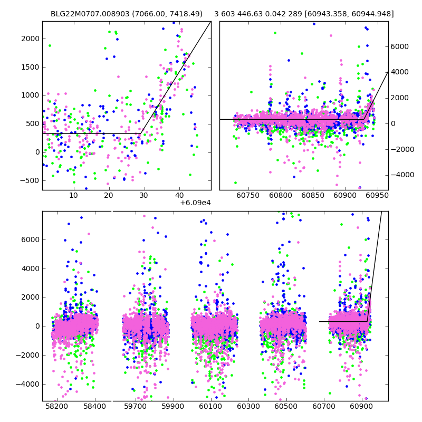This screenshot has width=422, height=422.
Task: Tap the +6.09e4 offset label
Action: click(x=195, y=203)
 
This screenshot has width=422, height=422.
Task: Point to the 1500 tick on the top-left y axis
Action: click(x=31, y=67)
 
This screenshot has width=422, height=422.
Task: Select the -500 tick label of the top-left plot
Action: click(x=30, y=180)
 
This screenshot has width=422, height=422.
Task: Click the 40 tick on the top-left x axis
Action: click(x=179, y=195)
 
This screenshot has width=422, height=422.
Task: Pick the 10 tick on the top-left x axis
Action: click(x=74, y=195)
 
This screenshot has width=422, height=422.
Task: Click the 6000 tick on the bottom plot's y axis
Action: click(x=31, y=239)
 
